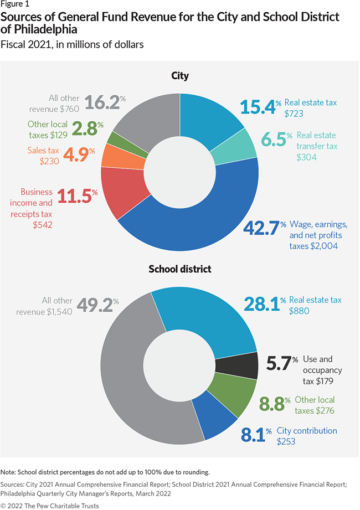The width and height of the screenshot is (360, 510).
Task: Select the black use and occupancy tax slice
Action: (x=236, y=365)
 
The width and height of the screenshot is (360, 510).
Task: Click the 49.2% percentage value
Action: (x=100, y=305)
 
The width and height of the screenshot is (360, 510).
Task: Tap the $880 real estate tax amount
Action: (x=299, y=311)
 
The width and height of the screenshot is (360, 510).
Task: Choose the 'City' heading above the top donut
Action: (x=179, y=75)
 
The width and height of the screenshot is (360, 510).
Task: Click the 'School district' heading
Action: (x=179, y=270)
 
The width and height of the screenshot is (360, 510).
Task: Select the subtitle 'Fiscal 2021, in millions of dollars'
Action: (x=72, y=45)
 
